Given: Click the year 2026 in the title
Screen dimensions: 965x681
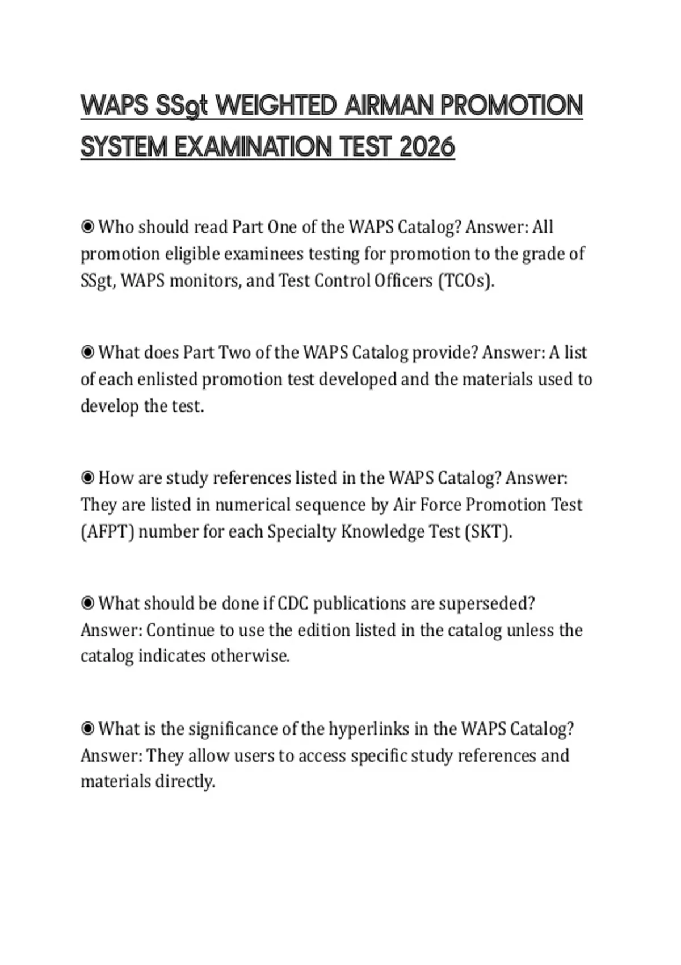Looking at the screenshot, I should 427,148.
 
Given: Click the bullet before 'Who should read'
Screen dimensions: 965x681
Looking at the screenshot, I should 87,227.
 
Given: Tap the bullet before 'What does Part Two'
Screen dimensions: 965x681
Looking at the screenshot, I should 87,353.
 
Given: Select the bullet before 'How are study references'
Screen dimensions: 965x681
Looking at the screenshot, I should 87,478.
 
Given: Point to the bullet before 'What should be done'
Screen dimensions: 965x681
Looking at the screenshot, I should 87,603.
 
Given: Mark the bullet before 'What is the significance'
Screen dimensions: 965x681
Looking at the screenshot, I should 87,728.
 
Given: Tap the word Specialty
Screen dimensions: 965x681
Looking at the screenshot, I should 301,531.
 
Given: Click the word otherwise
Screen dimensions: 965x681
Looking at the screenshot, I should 250,656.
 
